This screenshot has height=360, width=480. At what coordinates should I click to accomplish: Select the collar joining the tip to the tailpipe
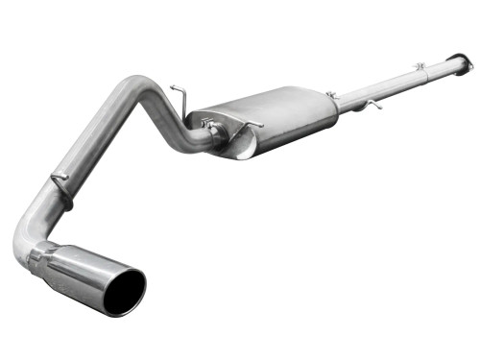pyautogui.click(x=42, y=256)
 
